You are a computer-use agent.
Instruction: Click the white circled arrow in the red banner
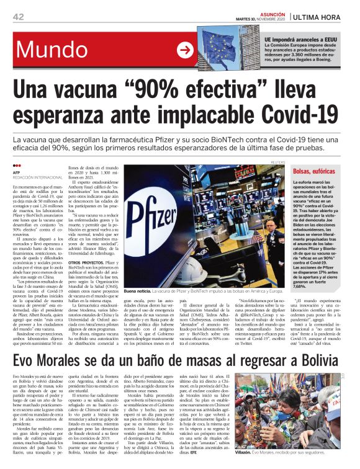[x=185, y=50]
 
